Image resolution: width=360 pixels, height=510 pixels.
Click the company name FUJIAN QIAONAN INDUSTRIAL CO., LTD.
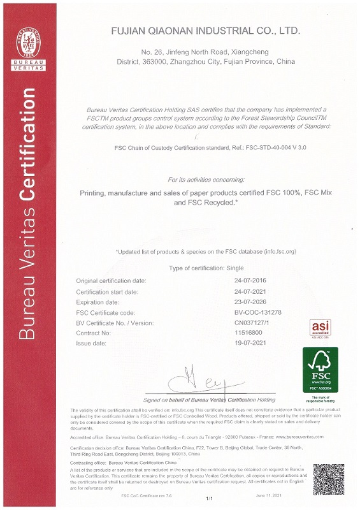(205, 31)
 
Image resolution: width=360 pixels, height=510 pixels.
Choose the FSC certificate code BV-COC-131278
(257, 312)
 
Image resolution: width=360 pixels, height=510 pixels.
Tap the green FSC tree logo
(320, 368)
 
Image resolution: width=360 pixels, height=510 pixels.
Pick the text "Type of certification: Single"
(205, 268)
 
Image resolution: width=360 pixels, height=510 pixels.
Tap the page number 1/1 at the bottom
(208, 497)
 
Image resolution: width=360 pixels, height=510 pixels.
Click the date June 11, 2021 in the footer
(268, 495)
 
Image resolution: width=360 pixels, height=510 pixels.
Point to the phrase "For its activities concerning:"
(205, 180)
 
